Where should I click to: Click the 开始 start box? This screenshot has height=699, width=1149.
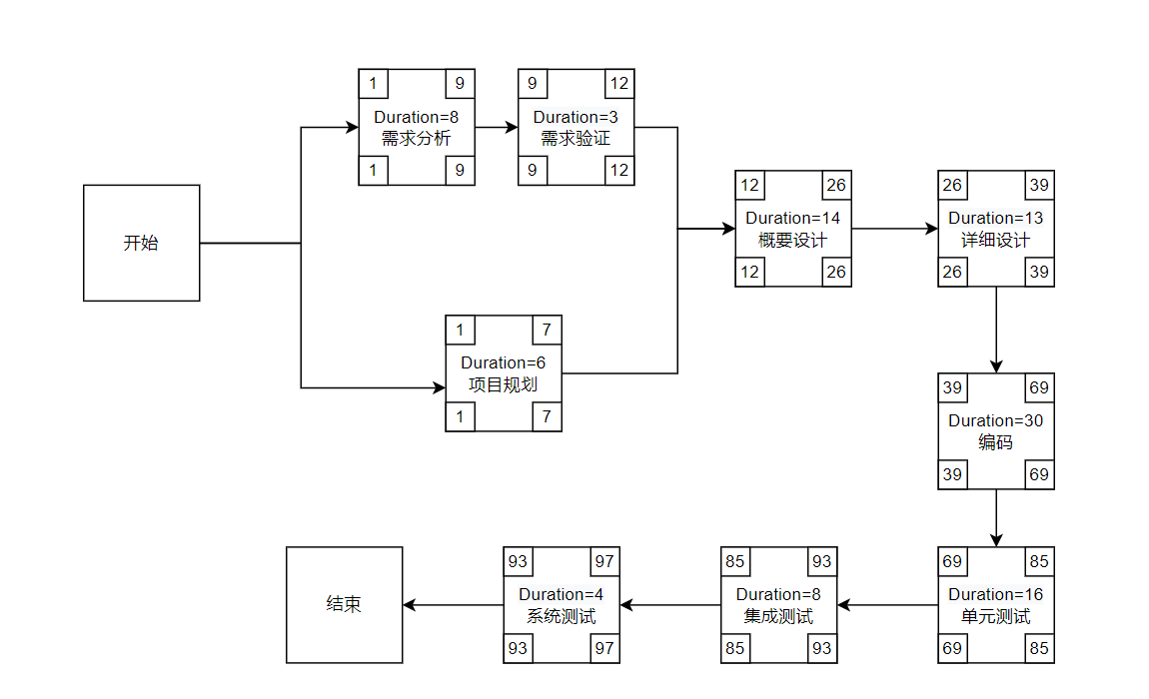141,243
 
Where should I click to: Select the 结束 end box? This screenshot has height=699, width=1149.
344,604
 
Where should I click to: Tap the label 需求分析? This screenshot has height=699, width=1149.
416,138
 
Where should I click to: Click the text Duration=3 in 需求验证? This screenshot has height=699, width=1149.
575,117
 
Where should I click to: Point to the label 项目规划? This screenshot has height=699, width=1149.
503,384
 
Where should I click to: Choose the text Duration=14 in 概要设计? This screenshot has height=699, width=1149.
793,218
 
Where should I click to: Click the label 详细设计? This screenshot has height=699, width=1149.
995,240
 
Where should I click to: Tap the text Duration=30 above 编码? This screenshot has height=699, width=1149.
995,420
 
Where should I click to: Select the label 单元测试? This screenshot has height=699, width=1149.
995,616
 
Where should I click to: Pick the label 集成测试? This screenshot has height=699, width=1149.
778,616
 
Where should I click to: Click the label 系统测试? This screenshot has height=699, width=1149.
561,616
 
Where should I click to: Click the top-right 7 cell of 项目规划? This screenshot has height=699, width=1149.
547,331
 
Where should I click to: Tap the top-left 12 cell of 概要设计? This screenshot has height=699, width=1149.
749,185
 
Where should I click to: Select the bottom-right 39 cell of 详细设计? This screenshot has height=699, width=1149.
1039,272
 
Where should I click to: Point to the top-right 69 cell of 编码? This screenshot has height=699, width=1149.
1039,387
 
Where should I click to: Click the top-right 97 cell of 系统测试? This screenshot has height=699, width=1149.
604,561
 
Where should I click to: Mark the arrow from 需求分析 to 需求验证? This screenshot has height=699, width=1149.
496,127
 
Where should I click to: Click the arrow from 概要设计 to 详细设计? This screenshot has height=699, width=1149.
894,229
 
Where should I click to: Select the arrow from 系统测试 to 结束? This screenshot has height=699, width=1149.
453,605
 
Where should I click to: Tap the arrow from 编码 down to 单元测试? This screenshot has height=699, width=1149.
996,517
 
